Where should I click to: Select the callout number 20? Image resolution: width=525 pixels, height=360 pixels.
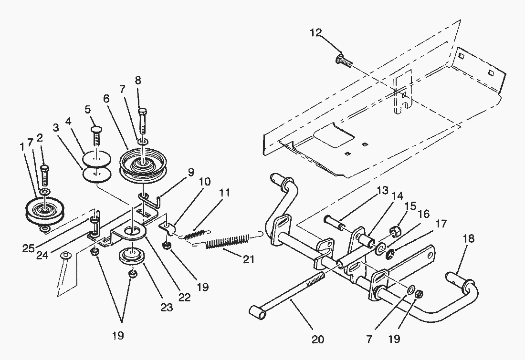pos(317,339)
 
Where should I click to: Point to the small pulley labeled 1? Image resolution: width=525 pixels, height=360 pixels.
pos(44,210)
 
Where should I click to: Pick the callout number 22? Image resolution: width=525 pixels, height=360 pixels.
pos(185,298)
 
